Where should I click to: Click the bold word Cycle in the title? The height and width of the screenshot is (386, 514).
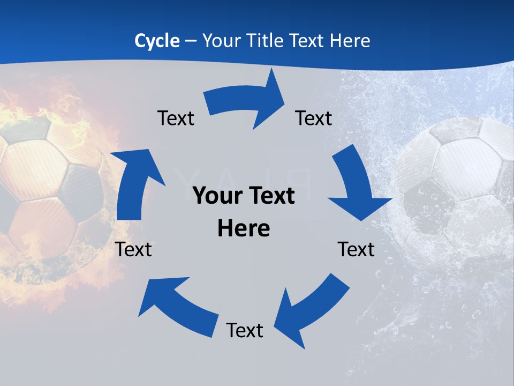coord(157,41)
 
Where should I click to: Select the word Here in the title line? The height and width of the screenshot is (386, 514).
coord(351,41)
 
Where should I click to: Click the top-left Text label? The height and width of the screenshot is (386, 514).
coord(176,118)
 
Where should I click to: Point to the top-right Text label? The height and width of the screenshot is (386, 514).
coord(314,118)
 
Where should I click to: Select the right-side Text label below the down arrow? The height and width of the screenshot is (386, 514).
coord(356,250)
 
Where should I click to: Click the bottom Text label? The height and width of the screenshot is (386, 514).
coord(245,331)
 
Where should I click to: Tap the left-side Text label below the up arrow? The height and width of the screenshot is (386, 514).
coord(133,250)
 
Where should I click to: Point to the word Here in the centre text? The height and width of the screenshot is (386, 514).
coord(244,229)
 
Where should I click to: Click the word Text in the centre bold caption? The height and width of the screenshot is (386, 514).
coord(270,196)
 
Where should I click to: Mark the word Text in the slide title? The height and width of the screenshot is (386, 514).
coord(307,41)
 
